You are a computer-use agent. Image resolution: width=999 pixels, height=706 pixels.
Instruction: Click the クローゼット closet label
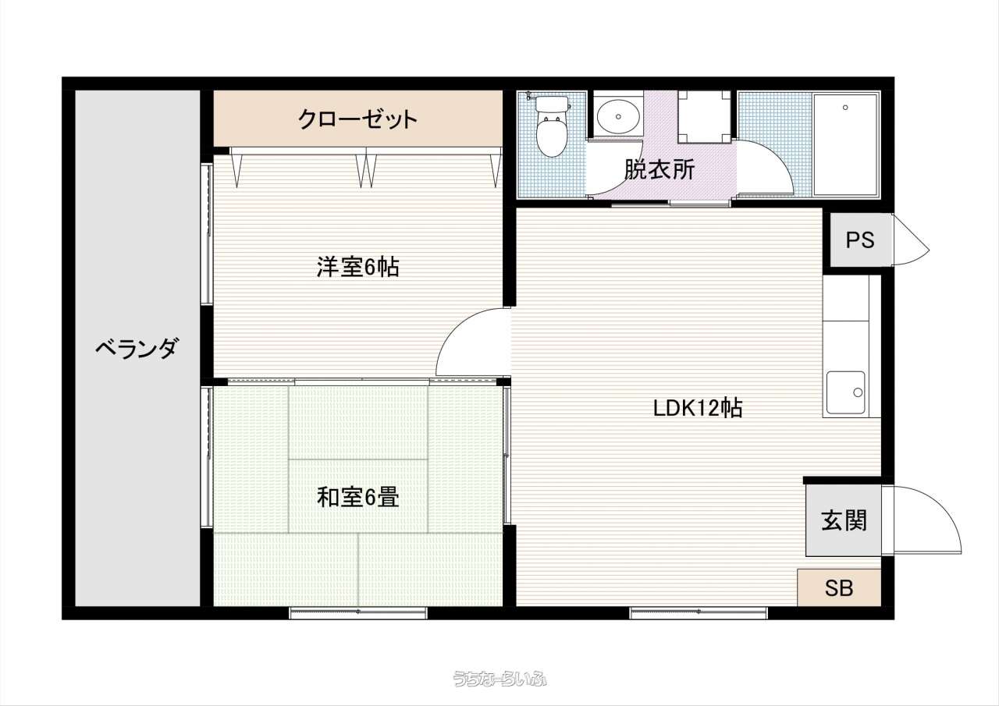(x=357, y=119)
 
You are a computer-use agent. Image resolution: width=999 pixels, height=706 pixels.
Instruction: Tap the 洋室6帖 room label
(x=357, y=267)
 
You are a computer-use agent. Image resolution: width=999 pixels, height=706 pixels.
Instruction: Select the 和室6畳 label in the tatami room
(x=357, y=497)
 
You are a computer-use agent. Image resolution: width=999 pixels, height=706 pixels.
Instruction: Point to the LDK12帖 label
(x=698, y=408)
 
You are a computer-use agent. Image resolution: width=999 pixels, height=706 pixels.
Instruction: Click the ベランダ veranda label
(x=137, y=348)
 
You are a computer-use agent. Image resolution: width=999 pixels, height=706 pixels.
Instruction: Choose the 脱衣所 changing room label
(x=659, y=169)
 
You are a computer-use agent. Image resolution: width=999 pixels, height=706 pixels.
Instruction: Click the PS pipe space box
(x=860, y=239)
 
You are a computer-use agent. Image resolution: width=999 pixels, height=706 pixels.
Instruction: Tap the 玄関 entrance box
(x=844, y=520)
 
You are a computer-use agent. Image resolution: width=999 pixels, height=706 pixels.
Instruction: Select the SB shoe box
(x=839, y=587)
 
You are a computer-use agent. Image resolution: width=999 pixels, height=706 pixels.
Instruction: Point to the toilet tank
(x=552, y=105)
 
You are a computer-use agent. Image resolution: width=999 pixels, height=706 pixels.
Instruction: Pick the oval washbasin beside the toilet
(x=618, y=116)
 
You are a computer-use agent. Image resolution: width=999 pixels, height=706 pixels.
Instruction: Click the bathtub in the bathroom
(x=845, y=144)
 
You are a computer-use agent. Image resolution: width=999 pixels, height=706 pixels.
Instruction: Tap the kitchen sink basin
(x=845, y=392)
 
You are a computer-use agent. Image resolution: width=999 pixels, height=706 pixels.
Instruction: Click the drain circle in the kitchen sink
(x=858, y=392)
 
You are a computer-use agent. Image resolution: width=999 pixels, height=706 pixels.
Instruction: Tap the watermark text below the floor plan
(x=499, y=679)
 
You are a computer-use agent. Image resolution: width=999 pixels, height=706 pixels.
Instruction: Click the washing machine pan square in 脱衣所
(x=704, y=117)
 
